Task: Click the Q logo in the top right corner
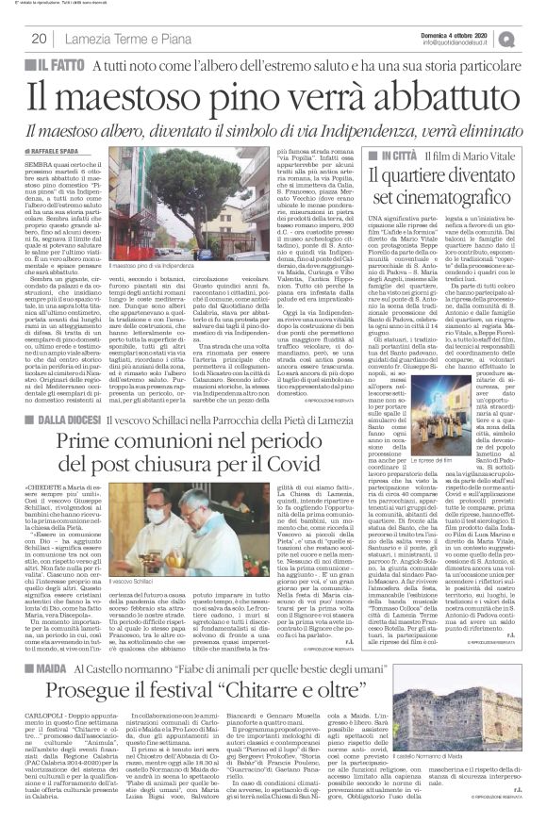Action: click(533, 38)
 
